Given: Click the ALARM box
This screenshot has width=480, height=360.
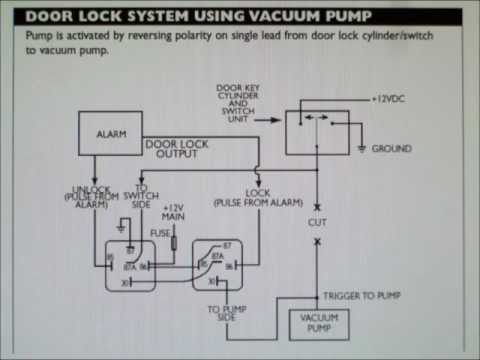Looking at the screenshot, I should pyautogui.click(x=110, y=133).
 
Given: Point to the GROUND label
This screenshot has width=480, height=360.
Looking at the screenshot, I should pyautogui.click(x=391, y=149).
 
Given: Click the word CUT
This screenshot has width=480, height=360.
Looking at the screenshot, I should pyautogui.click(x=317, y=223).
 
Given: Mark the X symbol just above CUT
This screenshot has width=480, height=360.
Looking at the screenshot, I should pyautogui.click(x=317, y=204).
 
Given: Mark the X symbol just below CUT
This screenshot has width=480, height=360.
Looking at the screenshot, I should pyautogui.click(x=317, y=242).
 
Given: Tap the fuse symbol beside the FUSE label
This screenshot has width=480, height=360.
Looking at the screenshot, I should pyautogui.click(x=173, y=241).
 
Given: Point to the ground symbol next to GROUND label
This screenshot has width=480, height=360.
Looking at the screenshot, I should pyautogui.click(x=359, y=149).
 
